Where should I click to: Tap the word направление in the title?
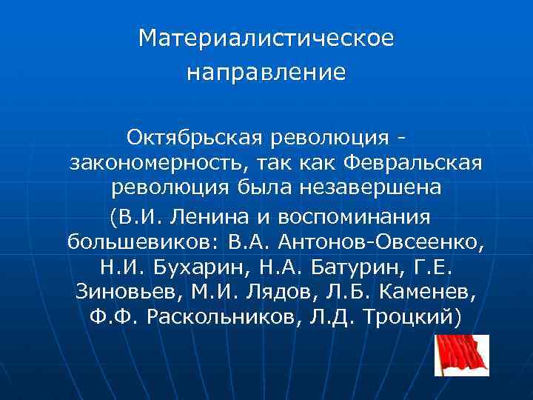coord(266,73)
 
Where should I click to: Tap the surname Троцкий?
coord(415,317)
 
